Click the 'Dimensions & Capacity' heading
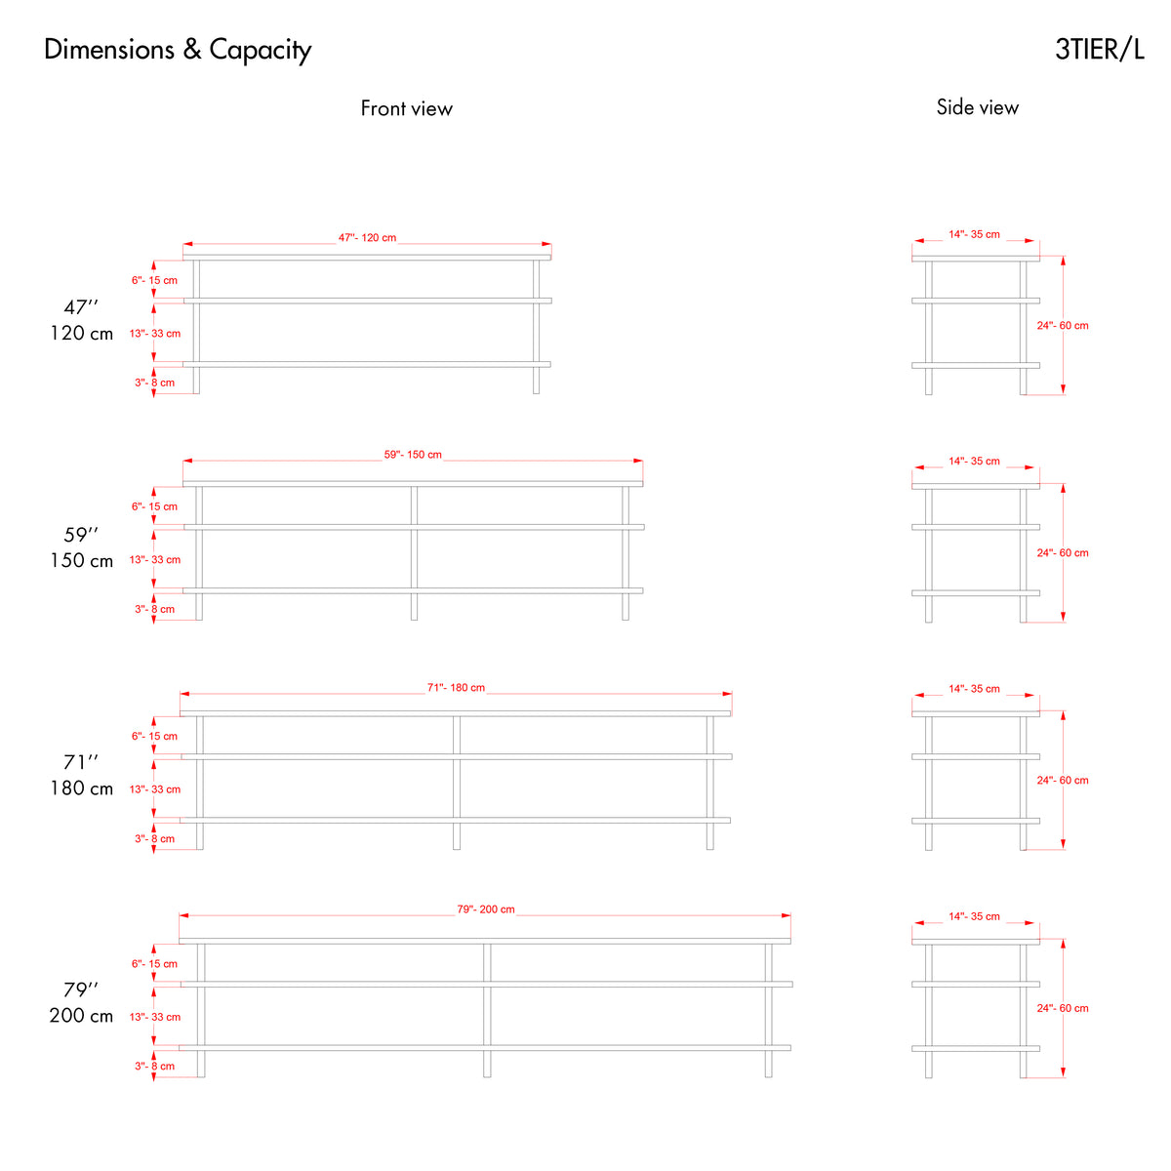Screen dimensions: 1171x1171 pyautogui.click(x=178, y=50)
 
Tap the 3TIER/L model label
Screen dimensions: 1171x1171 pyautogui.click(x=1100, y=49)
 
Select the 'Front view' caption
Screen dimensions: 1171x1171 pyautogui.click(x=407, y=108)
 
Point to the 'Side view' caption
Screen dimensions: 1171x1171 pyautogui.click(x=977, y=107)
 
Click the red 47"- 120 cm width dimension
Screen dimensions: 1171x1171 pyautogui.click(x=367, y=237)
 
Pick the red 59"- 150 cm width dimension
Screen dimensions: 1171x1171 pyautogui.click(x=413, y=455)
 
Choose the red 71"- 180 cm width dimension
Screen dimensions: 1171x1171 pyautogui.click(x=456, y=687)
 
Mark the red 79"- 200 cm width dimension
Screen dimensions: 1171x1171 pyautogui.click(x=486, y=909)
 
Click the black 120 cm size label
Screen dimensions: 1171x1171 pyautogui.click(x=81, y=333)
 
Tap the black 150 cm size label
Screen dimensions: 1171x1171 pyautogui.click(x=81, y=560)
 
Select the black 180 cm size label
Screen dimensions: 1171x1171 pyautogui.click(x=81, y=788)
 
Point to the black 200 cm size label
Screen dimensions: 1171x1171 pyautogui.click(x=81, y=1016)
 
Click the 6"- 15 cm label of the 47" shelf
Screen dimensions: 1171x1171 pyautogui.click(x=154, y=280)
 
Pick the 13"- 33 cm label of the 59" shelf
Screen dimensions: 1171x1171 pyautogui.click(x=155, y=560)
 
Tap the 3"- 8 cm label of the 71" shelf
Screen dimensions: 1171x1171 pyautogui.click(x=154, y=838)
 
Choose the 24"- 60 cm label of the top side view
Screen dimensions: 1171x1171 pyautogui.click(x=1063, y=326)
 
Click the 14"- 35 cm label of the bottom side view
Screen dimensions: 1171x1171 pyautogui.click(x=974, y=916)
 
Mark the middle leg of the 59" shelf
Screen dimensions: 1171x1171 pyautogui.click(x=414, y=553)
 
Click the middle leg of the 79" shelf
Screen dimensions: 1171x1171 pyautogui.click(x=487, y=1011)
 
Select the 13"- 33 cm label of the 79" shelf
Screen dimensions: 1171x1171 pyautogui.click(x=155, y=1017)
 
